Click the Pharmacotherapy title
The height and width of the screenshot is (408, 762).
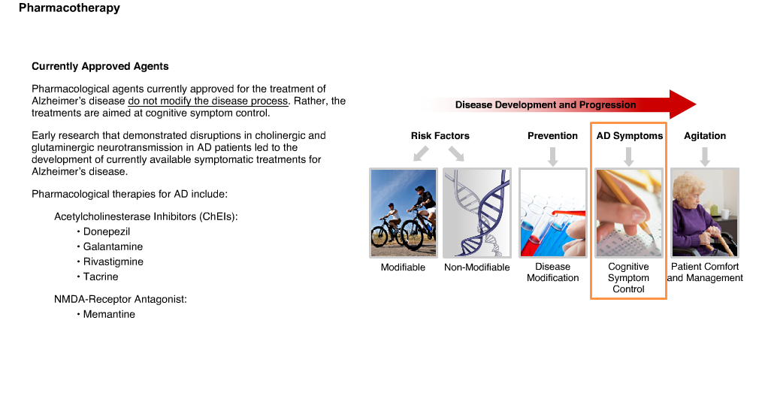point(69,8)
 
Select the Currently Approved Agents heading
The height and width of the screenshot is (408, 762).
point(100,67)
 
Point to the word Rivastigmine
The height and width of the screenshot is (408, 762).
point(113,261)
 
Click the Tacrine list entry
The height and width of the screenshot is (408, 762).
point(101,277)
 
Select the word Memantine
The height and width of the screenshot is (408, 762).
point(109,314)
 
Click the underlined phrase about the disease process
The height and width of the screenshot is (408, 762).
point(208,101)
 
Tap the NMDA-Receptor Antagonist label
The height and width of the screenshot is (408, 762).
point(120,299)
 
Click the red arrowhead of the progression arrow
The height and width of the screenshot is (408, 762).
point(682,104)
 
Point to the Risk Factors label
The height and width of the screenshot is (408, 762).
point(440,136)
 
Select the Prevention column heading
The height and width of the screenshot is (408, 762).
point(552,136)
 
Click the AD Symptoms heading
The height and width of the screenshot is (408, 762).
point(629,136)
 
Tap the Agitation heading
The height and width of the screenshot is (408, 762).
point(705,136)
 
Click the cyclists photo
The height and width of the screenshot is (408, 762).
point(404,213)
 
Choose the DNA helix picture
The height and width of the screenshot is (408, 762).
point(477,213)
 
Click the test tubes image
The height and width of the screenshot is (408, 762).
point(552,213)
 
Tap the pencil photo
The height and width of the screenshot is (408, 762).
point(629,213)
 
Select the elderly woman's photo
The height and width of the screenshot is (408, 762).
point(705,213)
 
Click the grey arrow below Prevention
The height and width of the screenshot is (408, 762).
point(552,156)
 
